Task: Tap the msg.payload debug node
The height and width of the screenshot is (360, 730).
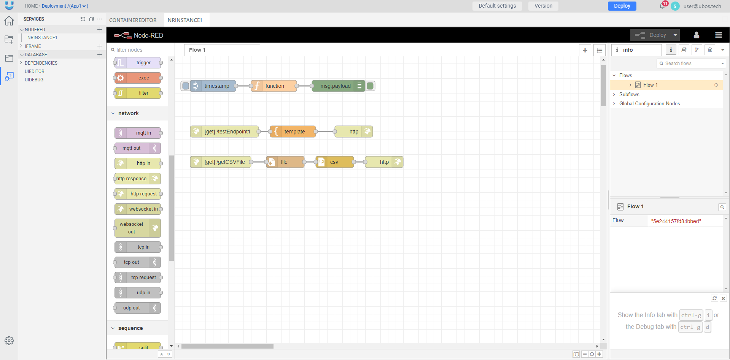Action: [x=335, y=86]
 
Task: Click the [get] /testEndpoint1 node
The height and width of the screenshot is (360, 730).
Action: [x=227, y=132]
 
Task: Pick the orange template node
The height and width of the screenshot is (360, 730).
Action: [x=294, y=132]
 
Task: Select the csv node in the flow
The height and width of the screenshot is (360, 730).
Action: [x=334, y=162]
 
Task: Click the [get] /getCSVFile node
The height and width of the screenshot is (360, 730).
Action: [x=224, y=162]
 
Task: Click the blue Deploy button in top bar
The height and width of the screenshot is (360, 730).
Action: [x=622, y=6]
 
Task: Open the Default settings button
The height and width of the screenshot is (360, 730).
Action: [x=497, y=6]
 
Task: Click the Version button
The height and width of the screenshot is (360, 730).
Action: [x=543, y=6]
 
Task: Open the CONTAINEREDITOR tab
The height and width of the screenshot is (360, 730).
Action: [x=133, y=20]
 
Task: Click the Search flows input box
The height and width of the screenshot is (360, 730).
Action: [x=690, y=63]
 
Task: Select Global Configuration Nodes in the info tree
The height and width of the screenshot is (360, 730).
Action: [x=649, y=104]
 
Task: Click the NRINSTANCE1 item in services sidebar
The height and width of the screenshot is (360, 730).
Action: [x=42, y=38]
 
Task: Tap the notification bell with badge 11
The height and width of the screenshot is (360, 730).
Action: [x=662, y=6]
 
